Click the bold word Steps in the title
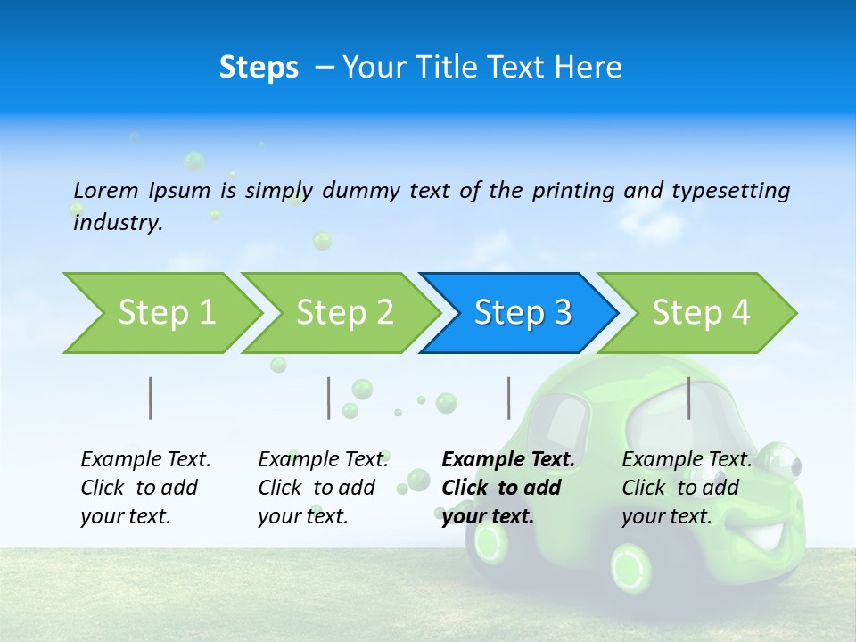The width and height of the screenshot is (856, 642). (x=259, y=68)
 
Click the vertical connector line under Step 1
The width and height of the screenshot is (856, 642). (x=151, y=398)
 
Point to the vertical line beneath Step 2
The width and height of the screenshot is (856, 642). (x=329, y=398)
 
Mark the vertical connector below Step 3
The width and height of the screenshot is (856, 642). (x=508, y=398)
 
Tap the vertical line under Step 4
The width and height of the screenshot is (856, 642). (x=688, y=398)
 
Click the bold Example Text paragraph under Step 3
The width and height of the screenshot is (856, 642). (x=506, y=488)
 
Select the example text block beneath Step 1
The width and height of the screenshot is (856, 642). (x=144, y=488)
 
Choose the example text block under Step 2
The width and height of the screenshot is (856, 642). (x=322, y=488)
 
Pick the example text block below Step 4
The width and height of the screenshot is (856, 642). (x=686, y=488)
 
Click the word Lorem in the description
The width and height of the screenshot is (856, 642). (x=106, y=190)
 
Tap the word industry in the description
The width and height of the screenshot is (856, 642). (x=117, y=223)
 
